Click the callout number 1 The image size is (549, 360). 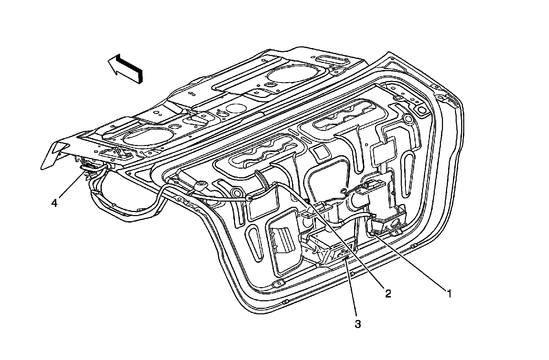(448, 294)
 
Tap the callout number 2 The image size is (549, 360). (388, 294)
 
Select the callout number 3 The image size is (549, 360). (358, 324)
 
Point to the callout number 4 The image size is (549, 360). (54, 203)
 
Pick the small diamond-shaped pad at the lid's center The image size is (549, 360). (319, 151)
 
